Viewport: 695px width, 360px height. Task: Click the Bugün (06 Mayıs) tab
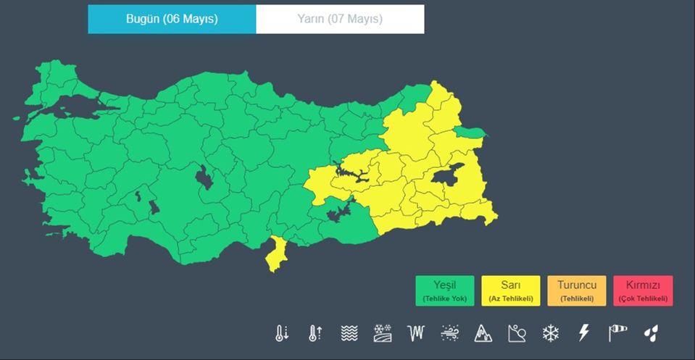(172, 19)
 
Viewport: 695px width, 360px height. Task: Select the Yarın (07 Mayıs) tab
(340, 19)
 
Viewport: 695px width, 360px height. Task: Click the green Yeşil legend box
(445, 290)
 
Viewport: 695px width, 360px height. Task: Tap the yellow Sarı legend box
(510, 290)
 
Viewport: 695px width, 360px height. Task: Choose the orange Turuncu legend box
(576, 290)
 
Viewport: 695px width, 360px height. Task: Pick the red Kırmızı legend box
(643, 290)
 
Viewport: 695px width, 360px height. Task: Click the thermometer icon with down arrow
(282, 333)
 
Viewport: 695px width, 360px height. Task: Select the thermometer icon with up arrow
(315, 333)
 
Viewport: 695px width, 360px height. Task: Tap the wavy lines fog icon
(349, 333)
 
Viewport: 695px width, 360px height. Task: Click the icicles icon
(416, 333)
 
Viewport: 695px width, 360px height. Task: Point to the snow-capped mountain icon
(483, 333)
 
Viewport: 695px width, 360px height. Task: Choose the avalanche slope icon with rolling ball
(517, 333)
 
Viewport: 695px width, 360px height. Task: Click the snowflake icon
(551, 333)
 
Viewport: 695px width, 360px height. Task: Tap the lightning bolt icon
(583, 333)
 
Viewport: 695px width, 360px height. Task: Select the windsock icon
(617, 333)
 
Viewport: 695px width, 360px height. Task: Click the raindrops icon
(651, 333)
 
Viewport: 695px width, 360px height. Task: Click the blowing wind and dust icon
(449, 333)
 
